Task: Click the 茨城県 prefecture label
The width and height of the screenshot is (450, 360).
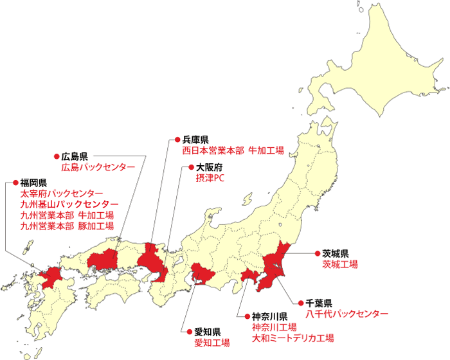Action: pyautogui.click(x=336, y=253)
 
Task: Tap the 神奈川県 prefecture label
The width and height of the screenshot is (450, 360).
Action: pyautogui.click(x=269, y=316)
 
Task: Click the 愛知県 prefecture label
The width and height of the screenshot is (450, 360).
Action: pyautogui.click(x=208, y=332)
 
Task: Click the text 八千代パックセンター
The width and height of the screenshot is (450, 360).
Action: pyautogui.click(x=346, y=314)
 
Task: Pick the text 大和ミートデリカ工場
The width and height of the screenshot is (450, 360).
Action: pyautogui.click(x=292, y=338)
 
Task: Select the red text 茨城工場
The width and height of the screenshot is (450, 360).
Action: pyautogui.click(x=340, y=264)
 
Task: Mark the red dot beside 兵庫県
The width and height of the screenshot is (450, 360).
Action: pyautogui.click(x=177, y=139)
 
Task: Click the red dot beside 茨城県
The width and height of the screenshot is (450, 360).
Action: pyautogui.click(x=317, y=253)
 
